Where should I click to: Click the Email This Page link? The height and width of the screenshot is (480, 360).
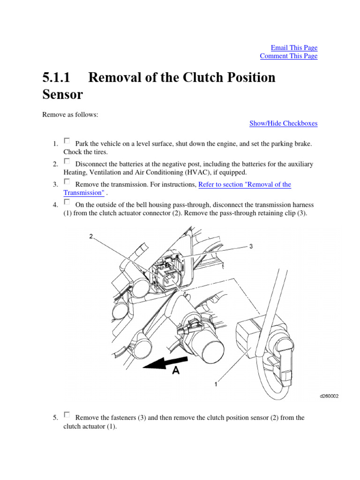pos(294,48)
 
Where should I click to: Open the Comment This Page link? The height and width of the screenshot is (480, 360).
pos(288,56)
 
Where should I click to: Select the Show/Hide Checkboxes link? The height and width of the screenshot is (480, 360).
pos(283,123)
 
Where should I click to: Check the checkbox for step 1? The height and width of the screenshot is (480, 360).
pos(67,141)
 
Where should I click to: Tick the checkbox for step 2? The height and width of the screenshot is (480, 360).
pos(67,161)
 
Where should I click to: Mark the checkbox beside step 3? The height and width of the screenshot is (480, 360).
pos(67,181)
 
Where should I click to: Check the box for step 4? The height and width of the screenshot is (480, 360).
pos(67,202)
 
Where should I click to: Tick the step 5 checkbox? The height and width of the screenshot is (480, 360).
pos(67,414)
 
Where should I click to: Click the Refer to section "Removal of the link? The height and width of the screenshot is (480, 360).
pos(245,185)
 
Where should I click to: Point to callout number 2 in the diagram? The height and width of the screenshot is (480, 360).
pos(91,236)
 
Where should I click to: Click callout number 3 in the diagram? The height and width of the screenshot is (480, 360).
pos(251,246)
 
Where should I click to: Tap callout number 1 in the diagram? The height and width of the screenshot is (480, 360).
pos(215,384)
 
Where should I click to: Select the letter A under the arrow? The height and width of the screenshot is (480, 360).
pos(176,370)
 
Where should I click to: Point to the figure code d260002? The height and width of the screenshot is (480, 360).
pos(329,396)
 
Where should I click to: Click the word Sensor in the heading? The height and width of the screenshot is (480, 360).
pos(62,94)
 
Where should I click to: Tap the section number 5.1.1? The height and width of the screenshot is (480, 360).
pos(58,77)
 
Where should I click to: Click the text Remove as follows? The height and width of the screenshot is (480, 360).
pos(70,115)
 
